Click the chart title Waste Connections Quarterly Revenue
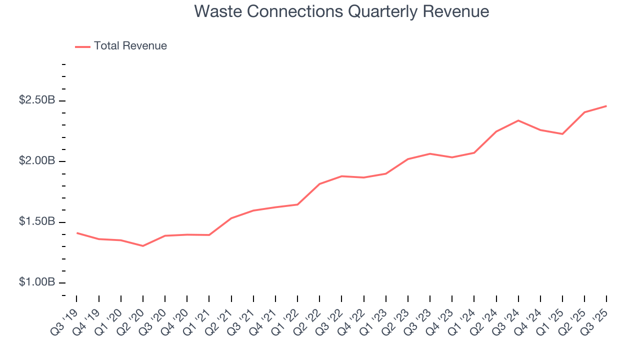341,11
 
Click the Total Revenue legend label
130,46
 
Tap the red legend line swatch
82,46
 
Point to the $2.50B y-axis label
37,100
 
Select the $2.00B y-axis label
37,161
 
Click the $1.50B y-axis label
37,221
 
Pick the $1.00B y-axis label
37,282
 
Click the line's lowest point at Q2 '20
143,246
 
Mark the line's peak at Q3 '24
518,120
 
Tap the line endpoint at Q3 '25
606,106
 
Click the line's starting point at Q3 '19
77,233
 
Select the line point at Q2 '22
319,184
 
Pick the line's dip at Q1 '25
562,134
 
